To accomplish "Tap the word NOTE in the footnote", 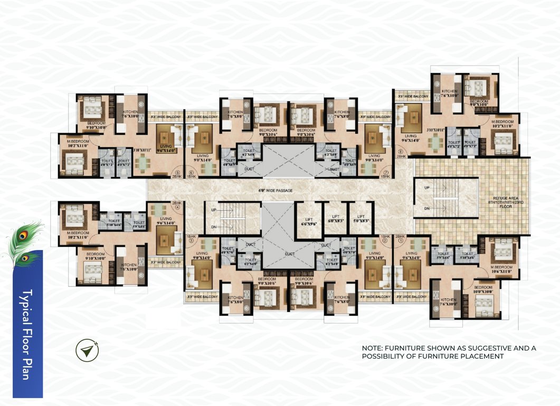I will click(372, 348).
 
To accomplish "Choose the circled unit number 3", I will click(192, 241).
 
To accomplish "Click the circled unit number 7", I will click(386, 172).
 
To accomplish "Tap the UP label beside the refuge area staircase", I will click(426, 188).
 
